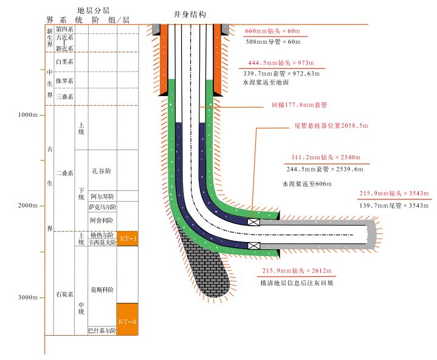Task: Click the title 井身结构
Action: pyautogui.click(x=190, y=13)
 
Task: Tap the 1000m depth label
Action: pyautogui.click(x=28, y=115)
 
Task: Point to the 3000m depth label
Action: pyautogui.click(x=28, y=297)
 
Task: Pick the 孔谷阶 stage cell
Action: pyautogui.click(x=102, y=171)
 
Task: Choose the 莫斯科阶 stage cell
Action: pyautogui.click(x=102, y=290)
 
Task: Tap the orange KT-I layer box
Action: pyautogui.click(x=128, y=239)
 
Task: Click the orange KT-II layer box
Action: pyautogui.click(x=128, y=320)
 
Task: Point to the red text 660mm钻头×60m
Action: pyautogui.click(x=273, y=30)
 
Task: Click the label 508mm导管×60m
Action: pyautogui.click(x=273, y=41)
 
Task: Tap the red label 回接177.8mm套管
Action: pyautogui.click(x=299, y=105)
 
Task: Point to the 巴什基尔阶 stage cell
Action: pyautogui.click(x=102, y=331)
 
